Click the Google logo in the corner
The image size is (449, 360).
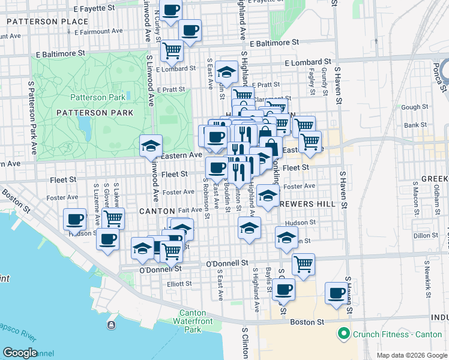coord(20,352)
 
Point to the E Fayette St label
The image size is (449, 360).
coord(94,9)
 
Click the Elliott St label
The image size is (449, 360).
coord(179,284)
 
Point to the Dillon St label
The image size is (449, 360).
coord(426,236)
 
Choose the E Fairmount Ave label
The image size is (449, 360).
coord(98,31)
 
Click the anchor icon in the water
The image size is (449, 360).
coord(111,325)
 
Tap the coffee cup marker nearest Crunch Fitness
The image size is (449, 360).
coord(337,293)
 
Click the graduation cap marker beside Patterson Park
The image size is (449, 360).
coord(151,145)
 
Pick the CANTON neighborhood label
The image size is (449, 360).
coord(157,211)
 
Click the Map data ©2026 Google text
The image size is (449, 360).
coord(411,355)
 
